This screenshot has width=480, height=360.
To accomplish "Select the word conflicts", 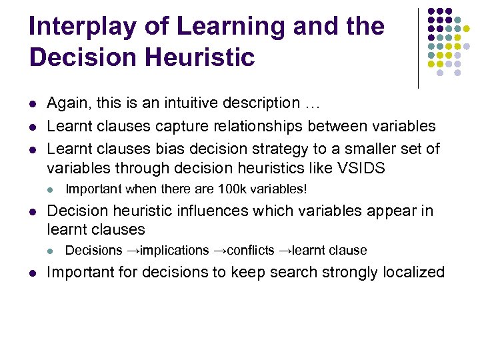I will click(x=251, y=251).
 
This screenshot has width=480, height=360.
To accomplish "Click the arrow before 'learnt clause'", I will click(x=285, y=251).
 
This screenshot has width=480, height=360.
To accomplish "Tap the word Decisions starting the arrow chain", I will click(x=94, y=251).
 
